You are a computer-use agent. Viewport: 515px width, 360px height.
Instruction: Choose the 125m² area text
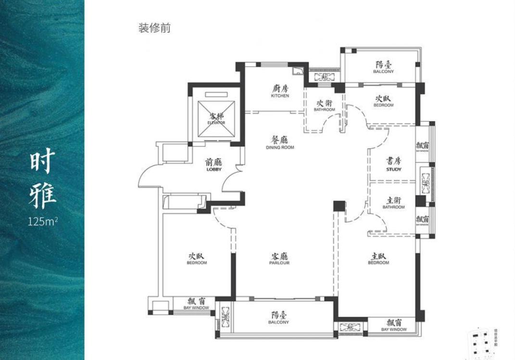(43, 222)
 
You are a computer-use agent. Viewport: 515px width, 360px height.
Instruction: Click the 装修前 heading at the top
(154, 28)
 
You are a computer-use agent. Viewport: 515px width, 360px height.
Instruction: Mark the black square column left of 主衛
(339, 206)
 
